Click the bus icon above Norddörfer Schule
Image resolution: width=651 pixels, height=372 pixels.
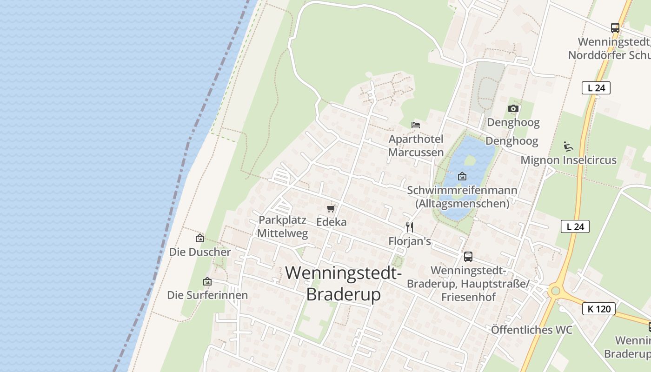pos(615,28)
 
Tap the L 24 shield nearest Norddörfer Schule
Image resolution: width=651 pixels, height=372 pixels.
pos(596,87)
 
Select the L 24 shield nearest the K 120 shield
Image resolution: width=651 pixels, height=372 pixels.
pos(575,226)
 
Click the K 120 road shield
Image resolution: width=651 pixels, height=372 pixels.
pos(599,308)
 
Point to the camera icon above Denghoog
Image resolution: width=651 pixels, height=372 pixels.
pos(513,109)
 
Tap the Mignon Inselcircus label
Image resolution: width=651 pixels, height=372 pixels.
pos(568,160)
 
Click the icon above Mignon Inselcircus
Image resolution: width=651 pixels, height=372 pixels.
pos(568,146)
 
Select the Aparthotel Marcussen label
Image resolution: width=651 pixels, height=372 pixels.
pos(416,146)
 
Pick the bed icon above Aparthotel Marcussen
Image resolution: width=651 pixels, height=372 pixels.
pos(416,125)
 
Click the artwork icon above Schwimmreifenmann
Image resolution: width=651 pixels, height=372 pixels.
pos(462,176)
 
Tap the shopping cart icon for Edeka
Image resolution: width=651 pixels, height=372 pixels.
pos(331,208)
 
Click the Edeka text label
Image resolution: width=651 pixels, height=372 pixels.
pos(331,222)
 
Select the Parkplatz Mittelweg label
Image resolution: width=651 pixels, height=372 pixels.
pos(283,226)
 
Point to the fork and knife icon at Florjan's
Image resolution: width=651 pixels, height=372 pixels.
pos(410,227)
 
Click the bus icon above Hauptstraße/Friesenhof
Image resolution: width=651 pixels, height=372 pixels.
pos(468,256)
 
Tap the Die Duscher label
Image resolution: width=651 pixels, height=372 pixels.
pos(200,252)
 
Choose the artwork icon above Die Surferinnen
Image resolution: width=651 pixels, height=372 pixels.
pos(207,281)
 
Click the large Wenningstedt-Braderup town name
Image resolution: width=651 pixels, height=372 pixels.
pos(344,283)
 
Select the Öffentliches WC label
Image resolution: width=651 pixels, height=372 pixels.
pos(531,330)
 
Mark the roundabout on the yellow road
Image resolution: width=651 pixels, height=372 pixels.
pos(554,291)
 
